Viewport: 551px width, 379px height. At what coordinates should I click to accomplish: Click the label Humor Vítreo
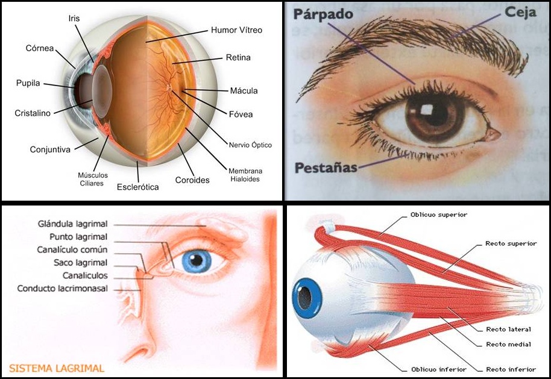[236, 30]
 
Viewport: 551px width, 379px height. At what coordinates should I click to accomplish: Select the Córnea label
[40, 48]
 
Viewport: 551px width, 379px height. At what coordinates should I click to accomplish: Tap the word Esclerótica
[137, 187]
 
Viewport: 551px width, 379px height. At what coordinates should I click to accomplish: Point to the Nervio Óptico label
[250, 145]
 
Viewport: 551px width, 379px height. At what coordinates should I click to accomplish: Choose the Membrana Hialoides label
[245, 175]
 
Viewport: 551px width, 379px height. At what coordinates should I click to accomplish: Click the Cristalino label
[33, 113]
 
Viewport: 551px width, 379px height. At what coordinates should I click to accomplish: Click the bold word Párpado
[323, 14]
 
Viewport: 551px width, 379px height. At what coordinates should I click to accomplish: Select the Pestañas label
[326, 168]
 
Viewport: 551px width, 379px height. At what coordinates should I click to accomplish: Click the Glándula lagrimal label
[72, 224]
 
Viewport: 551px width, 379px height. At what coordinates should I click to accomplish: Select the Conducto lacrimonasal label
[63, 289]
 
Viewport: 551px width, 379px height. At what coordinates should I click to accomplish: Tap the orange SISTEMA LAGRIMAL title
[57, 367]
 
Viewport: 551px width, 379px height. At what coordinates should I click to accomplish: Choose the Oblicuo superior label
[438, 215]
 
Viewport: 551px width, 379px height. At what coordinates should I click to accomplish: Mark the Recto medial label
[508, 344]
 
